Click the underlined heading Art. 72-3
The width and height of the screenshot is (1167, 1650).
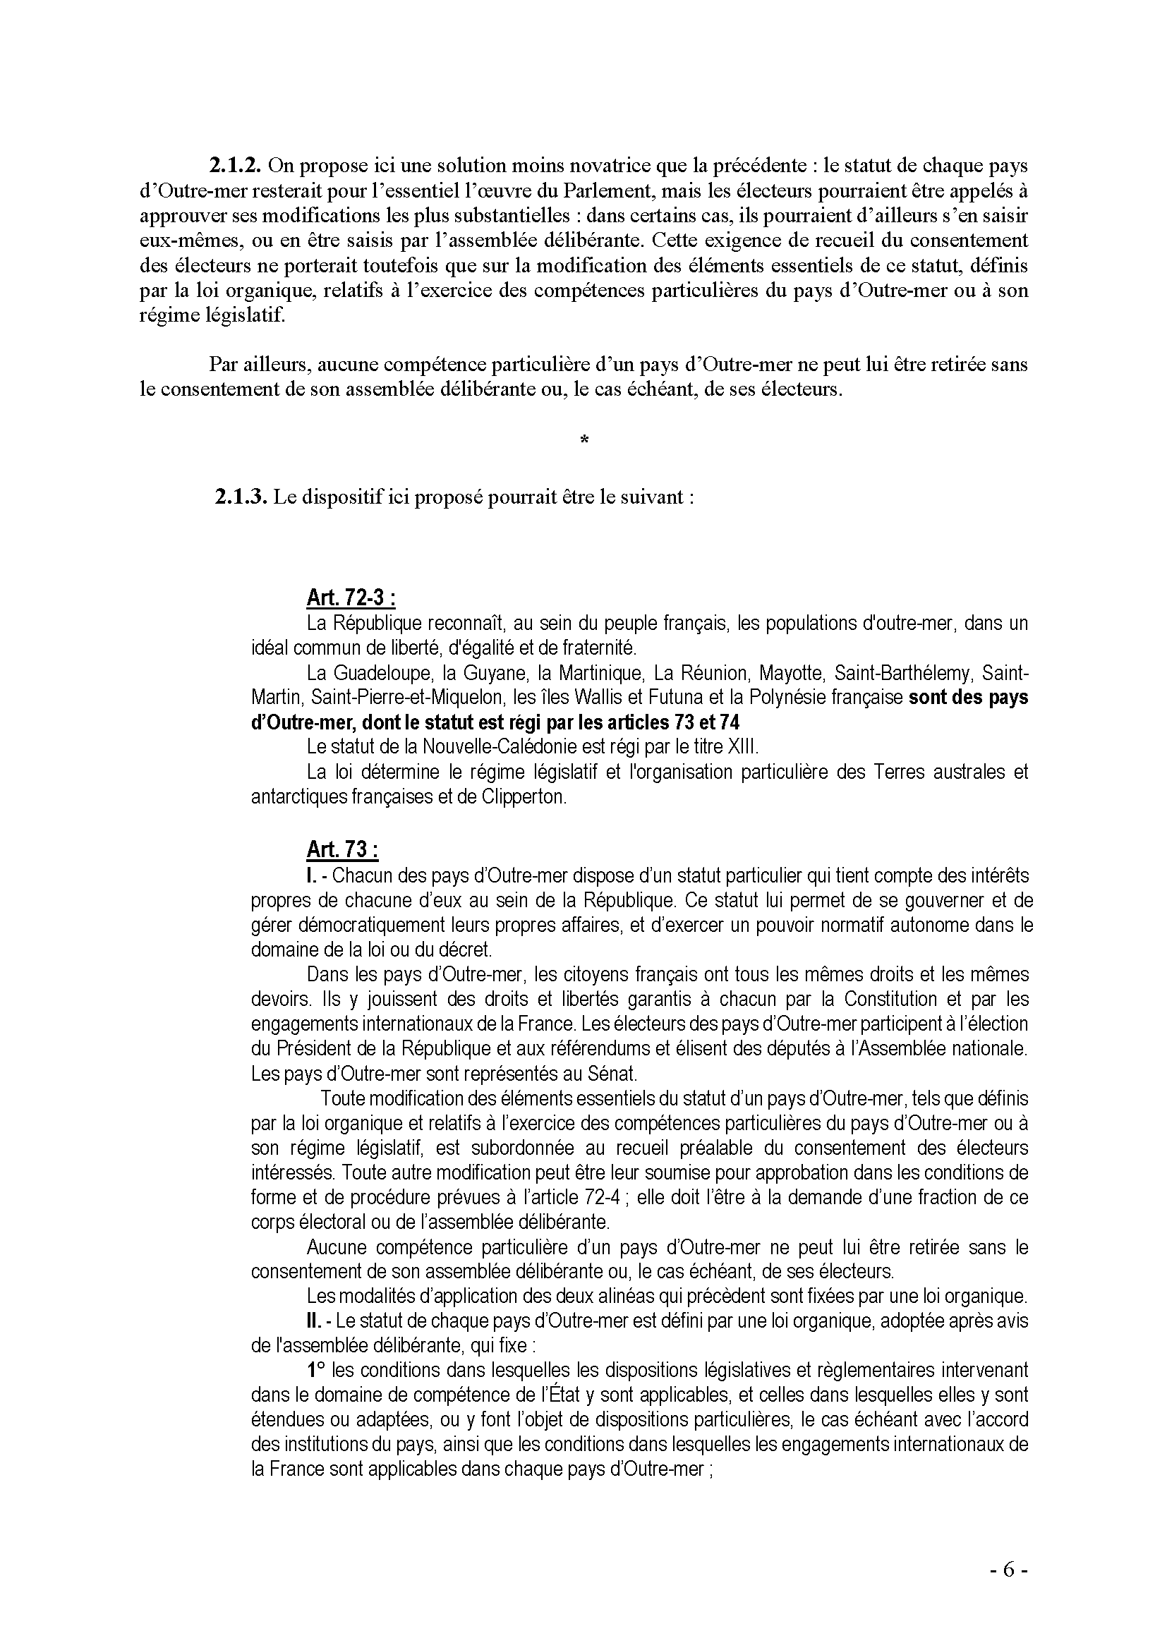(x=351, y=598)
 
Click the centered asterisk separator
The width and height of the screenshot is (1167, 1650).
(x=583, y=439)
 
